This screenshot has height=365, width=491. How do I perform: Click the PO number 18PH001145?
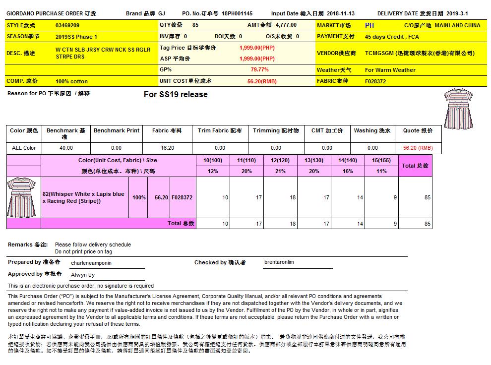pos(237,14)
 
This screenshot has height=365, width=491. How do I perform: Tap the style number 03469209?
pos(67,25)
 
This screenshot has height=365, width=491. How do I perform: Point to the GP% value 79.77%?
pos(260,70)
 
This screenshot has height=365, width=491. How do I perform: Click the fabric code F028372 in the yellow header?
pos(375,81)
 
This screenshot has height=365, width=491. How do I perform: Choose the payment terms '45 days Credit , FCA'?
pos(392,37)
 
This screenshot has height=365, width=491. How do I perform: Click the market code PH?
pos(369,25)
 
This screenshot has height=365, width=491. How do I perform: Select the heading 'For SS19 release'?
pos(176,95)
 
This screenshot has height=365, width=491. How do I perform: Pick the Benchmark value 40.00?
pos(66,148)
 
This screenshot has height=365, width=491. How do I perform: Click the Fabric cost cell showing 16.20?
pos(167,148)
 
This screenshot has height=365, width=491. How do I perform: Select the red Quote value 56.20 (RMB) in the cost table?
pos(418,148)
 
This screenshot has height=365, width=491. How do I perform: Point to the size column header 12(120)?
pos(280,160)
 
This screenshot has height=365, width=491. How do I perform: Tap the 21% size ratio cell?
pos(280,171)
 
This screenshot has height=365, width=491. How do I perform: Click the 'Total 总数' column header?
pos(415,166)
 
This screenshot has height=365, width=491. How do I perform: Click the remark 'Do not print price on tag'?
pos(84,251)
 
